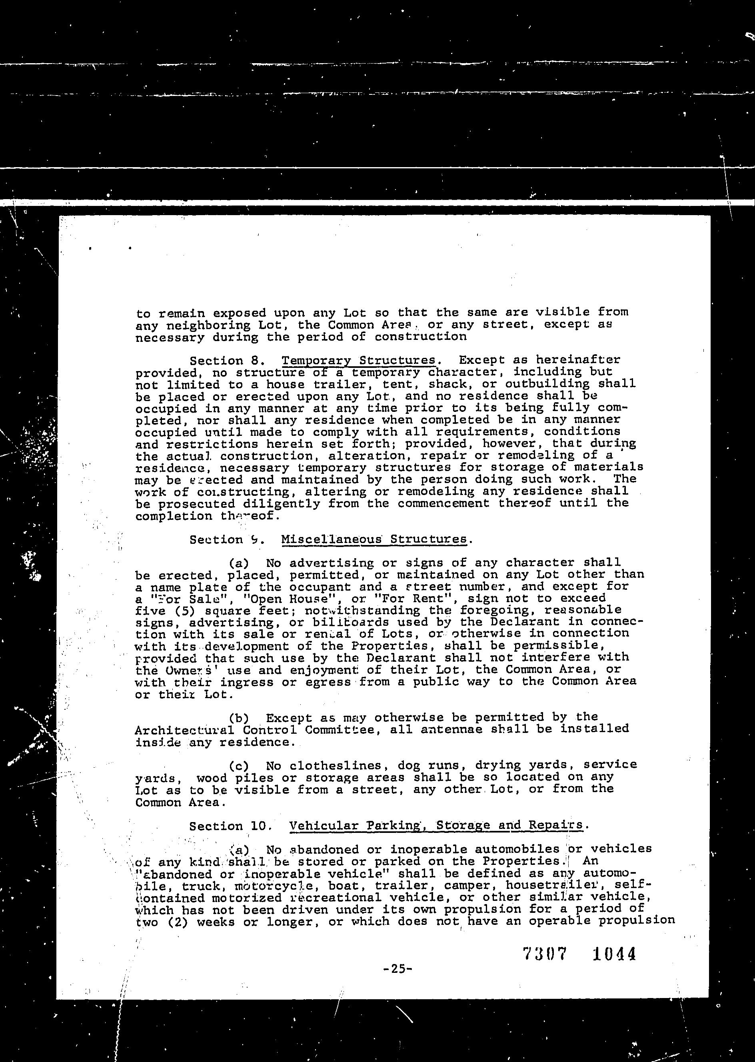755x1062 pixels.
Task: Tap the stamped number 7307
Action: (x=545, y=954)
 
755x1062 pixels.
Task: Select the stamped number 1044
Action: (x=614, y=954)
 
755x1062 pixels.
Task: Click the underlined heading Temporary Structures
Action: (x=358, y=361)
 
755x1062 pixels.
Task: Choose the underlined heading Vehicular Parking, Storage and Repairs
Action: (x=435, y=825)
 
